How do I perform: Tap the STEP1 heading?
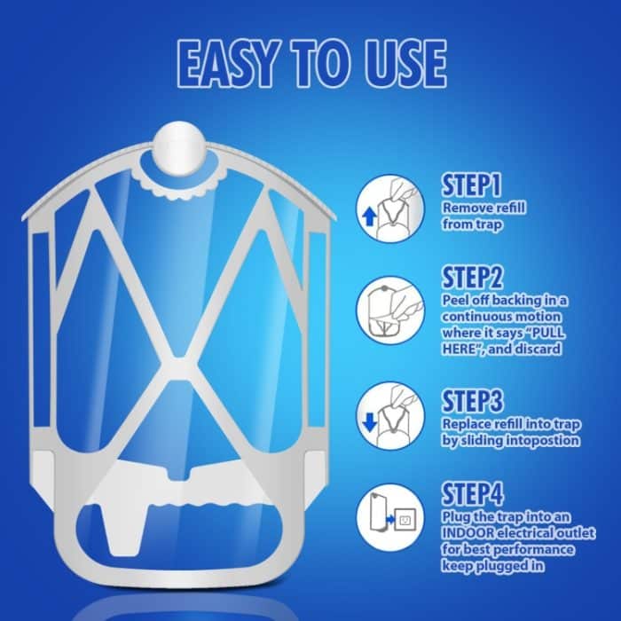(472, 186)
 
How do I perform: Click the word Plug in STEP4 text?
(456, 517)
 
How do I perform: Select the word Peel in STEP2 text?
(456, 301)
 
